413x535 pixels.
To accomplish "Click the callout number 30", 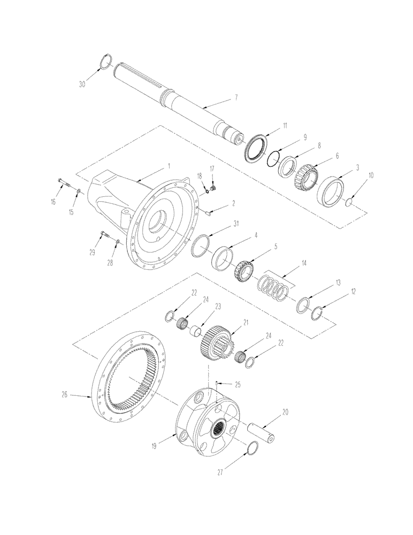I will tap(82, 84).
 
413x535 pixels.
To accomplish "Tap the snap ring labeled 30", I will tap(105, 63).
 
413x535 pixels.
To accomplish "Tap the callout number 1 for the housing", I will tap(169, 166).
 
